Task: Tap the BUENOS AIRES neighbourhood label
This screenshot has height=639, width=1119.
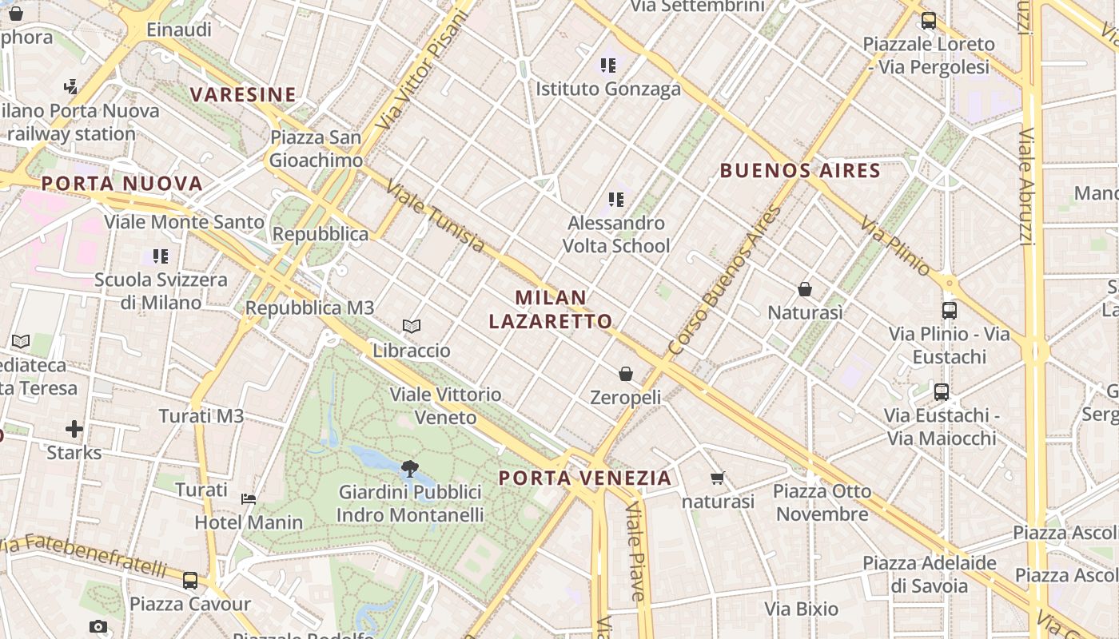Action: [800, 170]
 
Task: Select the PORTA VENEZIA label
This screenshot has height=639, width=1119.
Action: [585, 478]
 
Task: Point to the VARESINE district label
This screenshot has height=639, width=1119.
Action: [243, 95]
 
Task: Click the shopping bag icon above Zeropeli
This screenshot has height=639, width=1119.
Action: [626, 374]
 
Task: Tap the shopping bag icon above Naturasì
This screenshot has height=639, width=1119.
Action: [805, 289]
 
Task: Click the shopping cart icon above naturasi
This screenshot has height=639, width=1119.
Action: [717, 478]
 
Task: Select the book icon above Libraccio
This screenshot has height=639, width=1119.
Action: [412, 327]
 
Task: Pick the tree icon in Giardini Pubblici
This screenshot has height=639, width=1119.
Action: [410, 468]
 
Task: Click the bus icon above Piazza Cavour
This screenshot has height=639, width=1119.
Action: [190, 581]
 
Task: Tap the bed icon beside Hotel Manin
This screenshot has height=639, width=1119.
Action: [249, 499]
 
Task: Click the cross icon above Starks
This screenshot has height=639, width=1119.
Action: [74, 430]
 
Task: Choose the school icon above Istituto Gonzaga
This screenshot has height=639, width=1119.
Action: [608, 65]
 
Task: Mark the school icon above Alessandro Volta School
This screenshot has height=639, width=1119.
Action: [615, 199]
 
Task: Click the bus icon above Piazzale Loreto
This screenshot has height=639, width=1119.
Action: [928, 21]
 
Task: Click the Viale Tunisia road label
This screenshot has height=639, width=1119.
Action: [436, 216]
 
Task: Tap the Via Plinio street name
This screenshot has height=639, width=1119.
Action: [895, 245]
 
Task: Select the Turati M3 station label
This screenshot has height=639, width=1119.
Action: [201, 416]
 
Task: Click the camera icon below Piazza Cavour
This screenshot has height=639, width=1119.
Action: [98, 626]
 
